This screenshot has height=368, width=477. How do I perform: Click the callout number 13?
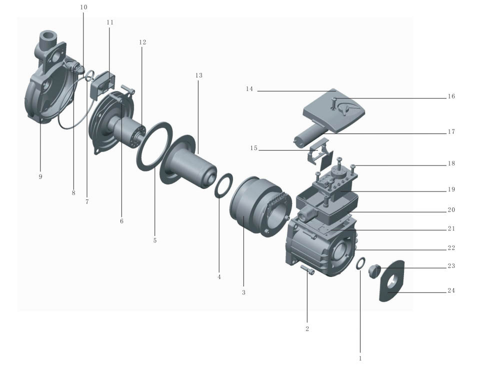tap(198, 75)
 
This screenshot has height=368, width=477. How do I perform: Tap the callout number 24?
tap(451, 290)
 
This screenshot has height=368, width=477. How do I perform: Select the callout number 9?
tap(40, 176)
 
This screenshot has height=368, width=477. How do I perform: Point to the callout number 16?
tap(451, 96)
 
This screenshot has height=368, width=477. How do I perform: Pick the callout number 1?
tap(360, 358)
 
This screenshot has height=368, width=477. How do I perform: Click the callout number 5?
tap(155, 240)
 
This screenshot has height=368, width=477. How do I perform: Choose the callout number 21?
tap(451, 228)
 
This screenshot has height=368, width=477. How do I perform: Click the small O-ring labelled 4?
tap(223, 185)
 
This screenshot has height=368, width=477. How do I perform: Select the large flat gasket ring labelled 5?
tap(154, 146)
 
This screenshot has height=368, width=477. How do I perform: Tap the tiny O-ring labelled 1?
tap(360, 263)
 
